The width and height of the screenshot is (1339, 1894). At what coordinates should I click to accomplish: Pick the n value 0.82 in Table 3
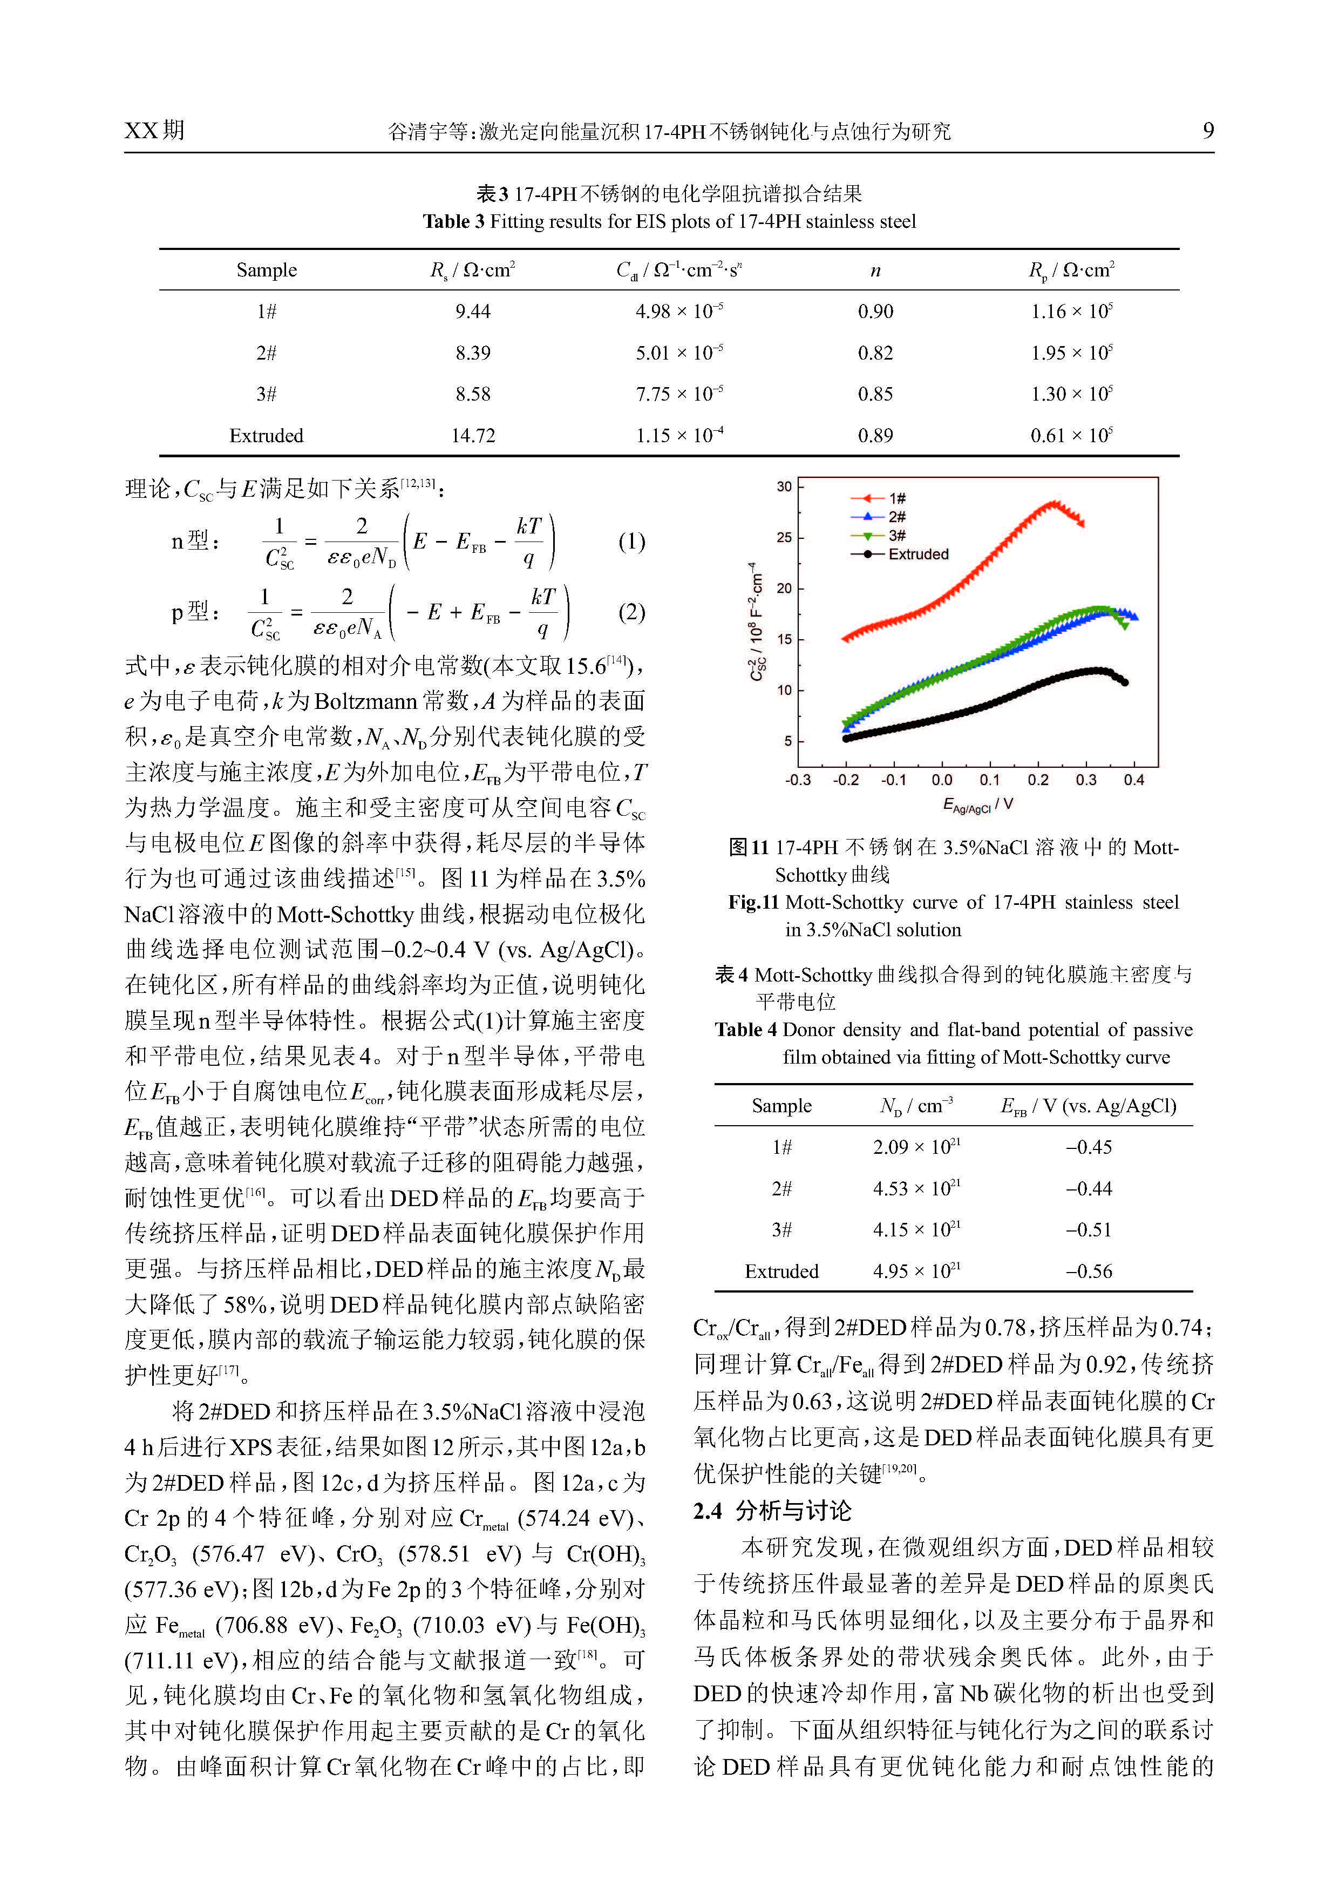tap(875, 353)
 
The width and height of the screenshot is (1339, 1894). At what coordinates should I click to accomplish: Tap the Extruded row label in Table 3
tap(266, 436)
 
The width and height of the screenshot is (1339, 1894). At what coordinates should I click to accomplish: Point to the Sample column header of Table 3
tap(266, 270)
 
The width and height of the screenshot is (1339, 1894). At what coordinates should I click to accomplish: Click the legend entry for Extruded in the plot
tap(917, 554)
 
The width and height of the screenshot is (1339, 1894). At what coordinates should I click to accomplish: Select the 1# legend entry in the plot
tap(897, 498)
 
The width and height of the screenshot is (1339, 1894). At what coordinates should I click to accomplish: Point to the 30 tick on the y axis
tap(784, 486)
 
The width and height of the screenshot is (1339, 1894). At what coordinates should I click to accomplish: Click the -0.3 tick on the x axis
tap(797, 780)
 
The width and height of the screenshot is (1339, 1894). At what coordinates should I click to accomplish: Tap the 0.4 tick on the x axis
tap(1134, 780)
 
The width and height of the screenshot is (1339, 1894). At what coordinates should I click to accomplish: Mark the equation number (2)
tap(631, 612)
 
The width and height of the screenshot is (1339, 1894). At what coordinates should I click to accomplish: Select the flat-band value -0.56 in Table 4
tap(1089, 1271)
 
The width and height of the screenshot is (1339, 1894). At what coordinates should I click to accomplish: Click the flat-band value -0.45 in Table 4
tap(1089, 1147)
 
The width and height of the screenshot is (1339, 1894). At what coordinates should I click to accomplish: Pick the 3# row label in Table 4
tap(781, 1230)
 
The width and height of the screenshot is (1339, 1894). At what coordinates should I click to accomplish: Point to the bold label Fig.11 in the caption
tap(753, 902)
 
